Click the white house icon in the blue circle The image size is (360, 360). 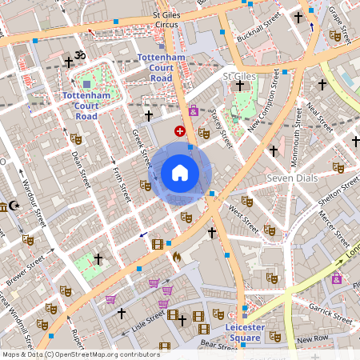click(x=180, y=173)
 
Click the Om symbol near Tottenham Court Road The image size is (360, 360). click(x=80, y=55)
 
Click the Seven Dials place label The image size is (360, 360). click(x=292, y=177)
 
